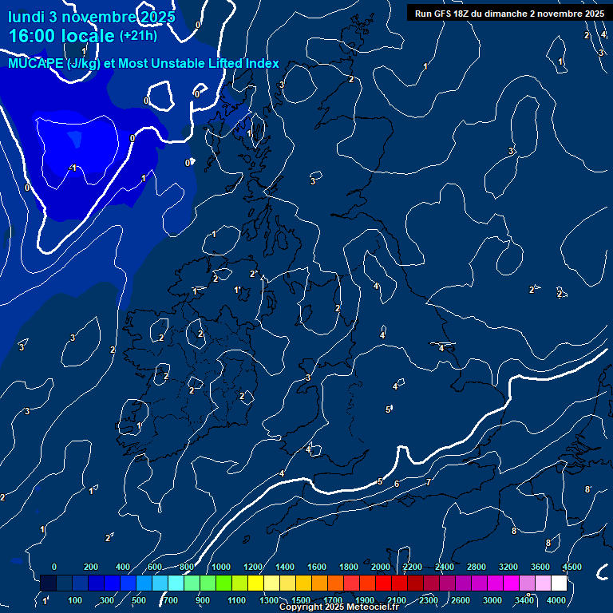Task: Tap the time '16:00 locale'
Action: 61,36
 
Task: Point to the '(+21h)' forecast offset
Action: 138,36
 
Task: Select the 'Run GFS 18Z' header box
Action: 509,13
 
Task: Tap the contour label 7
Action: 428,482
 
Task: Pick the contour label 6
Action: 397,484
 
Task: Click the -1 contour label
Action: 73,168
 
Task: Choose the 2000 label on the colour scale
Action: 381,567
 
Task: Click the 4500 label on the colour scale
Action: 571,567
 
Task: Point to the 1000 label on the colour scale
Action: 221,567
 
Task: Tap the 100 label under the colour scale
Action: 75,600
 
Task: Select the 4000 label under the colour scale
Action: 556,600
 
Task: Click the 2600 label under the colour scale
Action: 461,600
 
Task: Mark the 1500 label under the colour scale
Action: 300,600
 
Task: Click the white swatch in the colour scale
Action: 559,583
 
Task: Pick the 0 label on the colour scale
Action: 54,567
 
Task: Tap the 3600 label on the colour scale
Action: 540,567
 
